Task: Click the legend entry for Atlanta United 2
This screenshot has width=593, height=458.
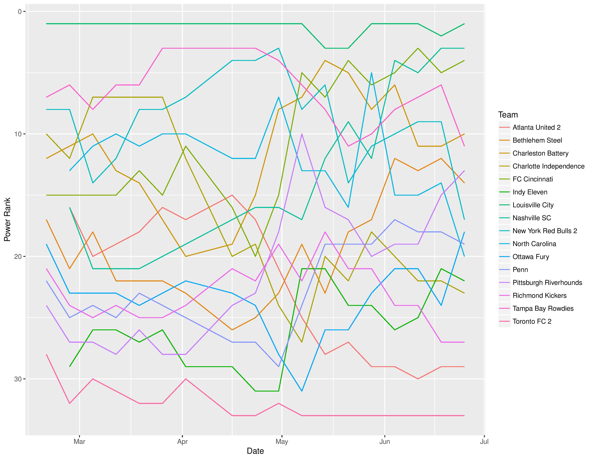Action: [536, 128]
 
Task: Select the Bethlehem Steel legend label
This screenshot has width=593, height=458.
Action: [537, 141]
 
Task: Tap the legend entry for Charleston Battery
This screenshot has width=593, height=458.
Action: [540, 153]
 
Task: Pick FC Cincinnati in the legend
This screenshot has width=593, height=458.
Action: [532, 179]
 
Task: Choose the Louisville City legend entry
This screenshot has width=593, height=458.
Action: [533, 205]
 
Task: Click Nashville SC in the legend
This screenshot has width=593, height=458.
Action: [532, 218]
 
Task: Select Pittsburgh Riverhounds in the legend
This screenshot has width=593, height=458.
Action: [547, 283]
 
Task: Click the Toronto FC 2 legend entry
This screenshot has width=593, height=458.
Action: [532, 321]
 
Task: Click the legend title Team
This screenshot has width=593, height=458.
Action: [508, 115]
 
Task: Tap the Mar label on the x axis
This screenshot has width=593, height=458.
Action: [79, 442]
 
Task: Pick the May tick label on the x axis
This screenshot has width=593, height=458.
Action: [282, 442]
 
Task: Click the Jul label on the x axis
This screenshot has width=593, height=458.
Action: [484, 442]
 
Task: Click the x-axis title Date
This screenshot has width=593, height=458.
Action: [255, 451]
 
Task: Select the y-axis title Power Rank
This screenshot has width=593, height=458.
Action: [7, 219]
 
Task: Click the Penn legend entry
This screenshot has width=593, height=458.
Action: [520, 270]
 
